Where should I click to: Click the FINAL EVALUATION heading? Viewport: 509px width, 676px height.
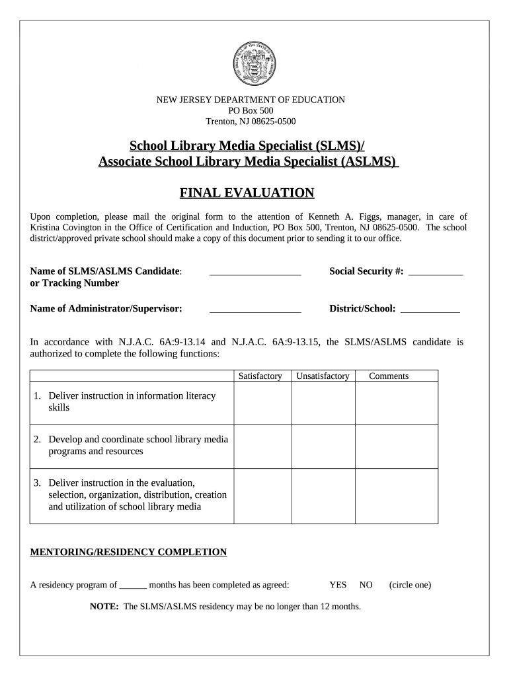coord(247,193)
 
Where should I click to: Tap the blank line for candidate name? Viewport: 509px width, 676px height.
coord(255,271)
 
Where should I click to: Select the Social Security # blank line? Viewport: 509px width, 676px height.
coord(436,271)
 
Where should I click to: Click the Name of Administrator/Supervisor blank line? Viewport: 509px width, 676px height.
coord(255,308)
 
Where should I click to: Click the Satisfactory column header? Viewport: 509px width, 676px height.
coord(260,376)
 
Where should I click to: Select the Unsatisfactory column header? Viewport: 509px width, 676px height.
coord(323,376)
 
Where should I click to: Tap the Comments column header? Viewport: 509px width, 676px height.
coord(389,376)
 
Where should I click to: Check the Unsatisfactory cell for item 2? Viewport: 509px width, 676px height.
coord(323,446)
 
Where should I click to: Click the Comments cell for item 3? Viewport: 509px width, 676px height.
coord(397,496)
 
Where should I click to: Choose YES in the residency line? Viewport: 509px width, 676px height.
coord(338,585)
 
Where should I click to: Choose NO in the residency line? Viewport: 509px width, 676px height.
coord(366,585)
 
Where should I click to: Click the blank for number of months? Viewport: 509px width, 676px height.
coord(133,585)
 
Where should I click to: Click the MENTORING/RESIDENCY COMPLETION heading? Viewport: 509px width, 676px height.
coord(129,552)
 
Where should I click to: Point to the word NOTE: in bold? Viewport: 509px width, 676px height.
coord(104,606)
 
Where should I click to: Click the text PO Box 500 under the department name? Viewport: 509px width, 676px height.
coord(250,111)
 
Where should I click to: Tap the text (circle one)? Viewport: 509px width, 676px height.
coord(410,585)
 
